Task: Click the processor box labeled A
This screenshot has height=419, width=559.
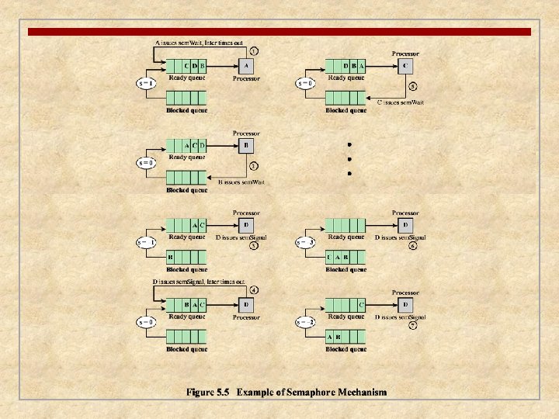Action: [245, 66]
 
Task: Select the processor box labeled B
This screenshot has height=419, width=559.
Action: [245, 145]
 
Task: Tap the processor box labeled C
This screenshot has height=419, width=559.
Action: [405, 66]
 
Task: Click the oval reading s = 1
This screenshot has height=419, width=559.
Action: [146, 82]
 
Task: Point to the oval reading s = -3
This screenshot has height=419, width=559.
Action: [304, 242]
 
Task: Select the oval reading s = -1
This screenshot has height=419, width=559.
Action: [146, 242]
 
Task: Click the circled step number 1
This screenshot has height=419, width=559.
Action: [253, 50]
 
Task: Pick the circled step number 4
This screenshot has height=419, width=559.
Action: [253, 289]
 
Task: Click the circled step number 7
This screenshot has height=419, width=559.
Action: [413, 326]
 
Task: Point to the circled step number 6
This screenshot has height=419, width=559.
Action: [413, 246]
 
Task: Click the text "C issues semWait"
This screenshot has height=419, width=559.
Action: [401, 102]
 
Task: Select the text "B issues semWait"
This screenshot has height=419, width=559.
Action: [243, 181]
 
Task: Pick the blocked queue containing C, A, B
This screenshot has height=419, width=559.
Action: [345, 257]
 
